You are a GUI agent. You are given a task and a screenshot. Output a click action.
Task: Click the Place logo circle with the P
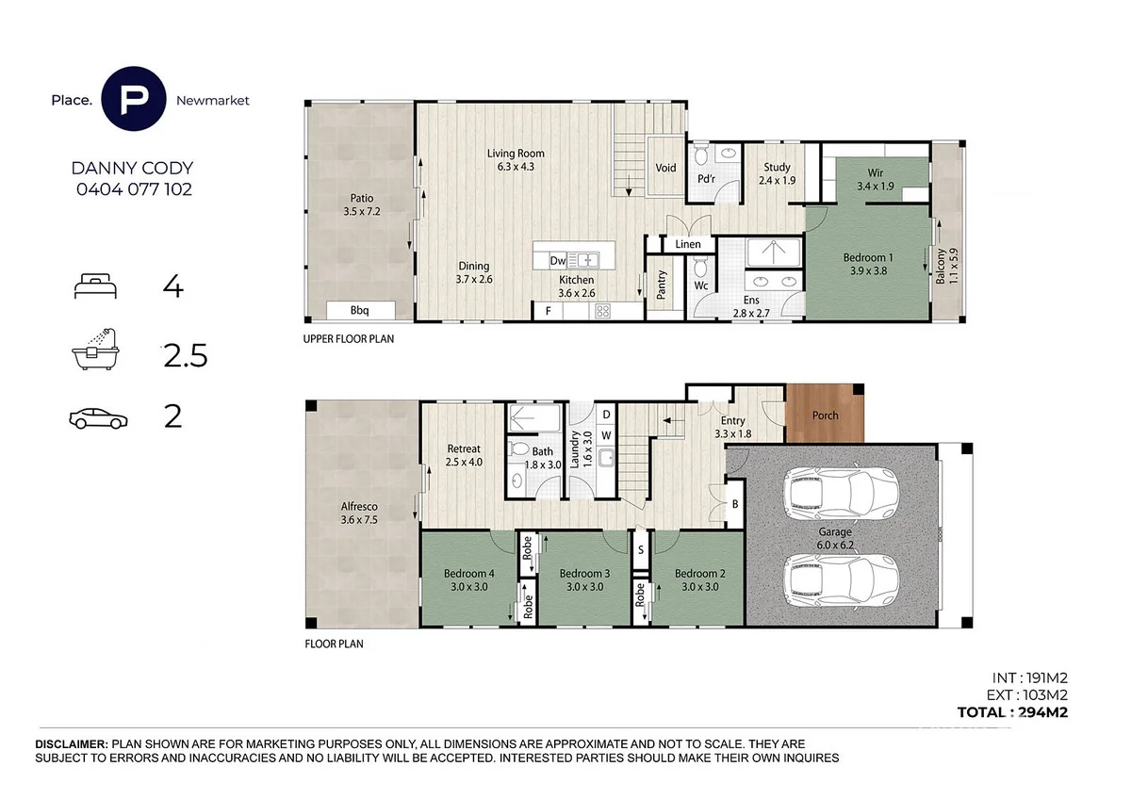[x=136, y=98]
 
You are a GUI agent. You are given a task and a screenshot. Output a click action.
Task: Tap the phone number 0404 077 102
[x=133, y=188]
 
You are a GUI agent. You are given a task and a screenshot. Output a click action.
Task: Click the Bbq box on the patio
[x=359, y=310]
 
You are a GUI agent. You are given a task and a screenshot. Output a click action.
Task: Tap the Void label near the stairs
[x=665, y=169]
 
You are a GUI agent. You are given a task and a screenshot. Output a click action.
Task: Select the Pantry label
[x=663, y=283]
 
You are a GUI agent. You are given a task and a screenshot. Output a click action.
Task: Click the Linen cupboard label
[x=688, y=244]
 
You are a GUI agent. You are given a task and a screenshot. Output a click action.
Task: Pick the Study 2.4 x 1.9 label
[x=778, y=173]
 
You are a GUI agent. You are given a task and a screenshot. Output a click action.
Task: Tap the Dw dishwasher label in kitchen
[x=557, y=260]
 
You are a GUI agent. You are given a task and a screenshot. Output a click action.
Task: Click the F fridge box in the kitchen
[x=546, y=309]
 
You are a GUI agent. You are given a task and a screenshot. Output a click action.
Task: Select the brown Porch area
[x=824, y=415]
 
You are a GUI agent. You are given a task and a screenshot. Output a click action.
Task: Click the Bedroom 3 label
[x=585, y=579]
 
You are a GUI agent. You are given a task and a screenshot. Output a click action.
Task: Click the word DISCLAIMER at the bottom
[x=72, y=744]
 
